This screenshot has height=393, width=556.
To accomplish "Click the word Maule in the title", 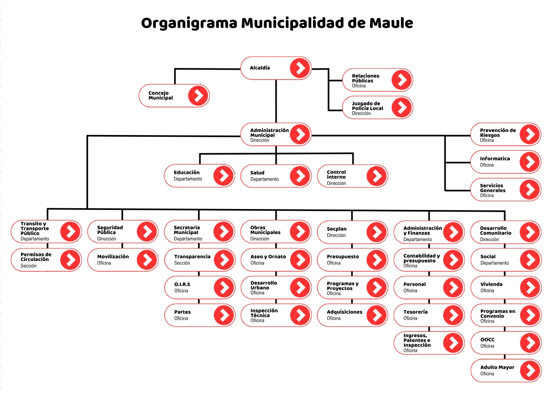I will pyautogui.click(x=391, y=23).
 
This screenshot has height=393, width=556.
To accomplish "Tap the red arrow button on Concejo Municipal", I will pyautogui.click(x=198, y=96).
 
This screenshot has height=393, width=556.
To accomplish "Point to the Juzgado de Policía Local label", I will pyautogui.click(x=367, y=106).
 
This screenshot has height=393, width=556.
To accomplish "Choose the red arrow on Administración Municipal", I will pyautogui.click(x=300, y=135).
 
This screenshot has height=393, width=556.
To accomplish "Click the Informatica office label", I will pyautogui.click(x=495, y=159).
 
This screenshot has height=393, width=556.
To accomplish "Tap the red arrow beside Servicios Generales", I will pyautogui.click(x=530, y=190).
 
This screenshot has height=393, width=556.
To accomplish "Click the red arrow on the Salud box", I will pyautogui.click(x=300, y=176).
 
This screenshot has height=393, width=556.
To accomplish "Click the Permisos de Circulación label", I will pyautogui.click(x=36, y=257).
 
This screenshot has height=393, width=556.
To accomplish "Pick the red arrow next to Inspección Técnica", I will pyautogui.click(x=300, y=315).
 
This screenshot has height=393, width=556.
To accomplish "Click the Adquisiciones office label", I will pyautogui.click(x=344, y=312).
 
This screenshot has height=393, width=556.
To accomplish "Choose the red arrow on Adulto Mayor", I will pyautogui.click(x=530, y=370).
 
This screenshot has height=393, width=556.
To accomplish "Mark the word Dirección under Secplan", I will pyautogui.click(x=336, y=235).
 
